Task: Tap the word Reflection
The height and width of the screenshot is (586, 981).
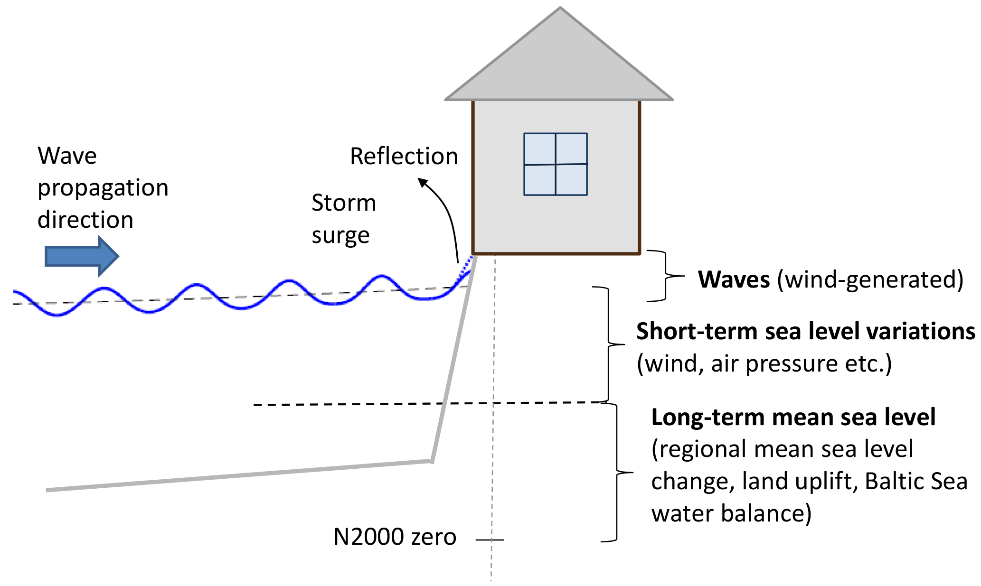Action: pos(404,156)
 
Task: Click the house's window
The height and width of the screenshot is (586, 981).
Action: pos(556,164)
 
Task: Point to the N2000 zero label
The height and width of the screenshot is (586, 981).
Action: pos(395,537)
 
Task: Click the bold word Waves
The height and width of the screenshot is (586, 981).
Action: pos(734,279)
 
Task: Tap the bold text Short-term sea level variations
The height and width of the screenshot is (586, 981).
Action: pos(805,331)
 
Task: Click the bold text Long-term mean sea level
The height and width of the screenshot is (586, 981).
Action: pos(793,418)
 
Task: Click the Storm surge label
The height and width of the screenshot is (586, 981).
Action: pos(343,219)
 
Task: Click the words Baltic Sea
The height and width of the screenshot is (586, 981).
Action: pos(916,481)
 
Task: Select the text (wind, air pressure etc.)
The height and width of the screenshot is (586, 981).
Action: pos(764,364)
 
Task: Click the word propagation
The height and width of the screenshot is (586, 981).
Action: pos(103,188)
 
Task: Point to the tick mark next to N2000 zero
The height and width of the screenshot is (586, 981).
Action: pos(490,539)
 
